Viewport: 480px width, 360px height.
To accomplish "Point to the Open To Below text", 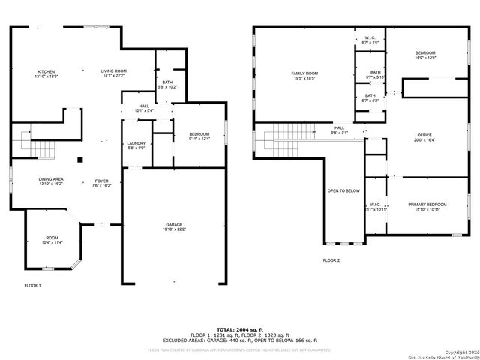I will (343, 190).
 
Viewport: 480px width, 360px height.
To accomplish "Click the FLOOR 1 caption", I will (33, 286).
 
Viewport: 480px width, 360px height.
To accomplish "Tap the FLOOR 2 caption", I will (331, 259).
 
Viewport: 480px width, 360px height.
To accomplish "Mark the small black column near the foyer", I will (79, 159).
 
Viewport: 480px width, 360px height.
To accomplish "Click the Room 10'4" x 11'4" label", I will (52, 240).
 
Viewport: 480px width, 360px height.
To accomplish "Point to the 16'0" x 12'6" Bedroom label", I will (425, 55).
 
